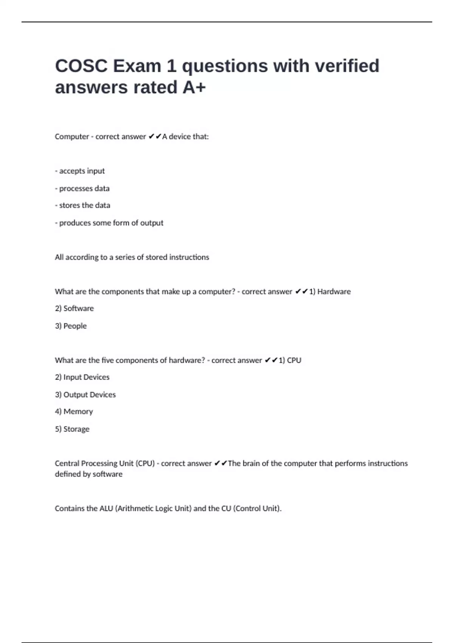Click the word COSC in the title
(81, 66)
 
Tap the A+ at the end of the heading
(194, 87)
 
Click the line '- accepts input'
(80, 171)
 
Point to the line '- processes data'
(82, 188)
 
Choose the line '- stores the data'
(82, 205)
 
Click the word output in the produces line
(152, 223)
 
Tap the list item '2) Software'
(74, 309)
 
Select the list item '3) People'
(71, 326)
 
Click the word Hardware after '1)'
(334, 292)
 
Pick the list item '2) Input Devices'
(82, 377)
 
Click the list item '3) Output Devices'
(85, 394)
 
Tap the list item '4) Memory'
(74, 412)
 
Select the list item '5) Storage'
(72, 429)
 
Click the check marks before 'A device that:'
(155, 137)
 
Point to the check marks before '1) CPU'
(271, 360)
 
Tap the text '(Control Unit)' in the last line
(257, 508)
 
